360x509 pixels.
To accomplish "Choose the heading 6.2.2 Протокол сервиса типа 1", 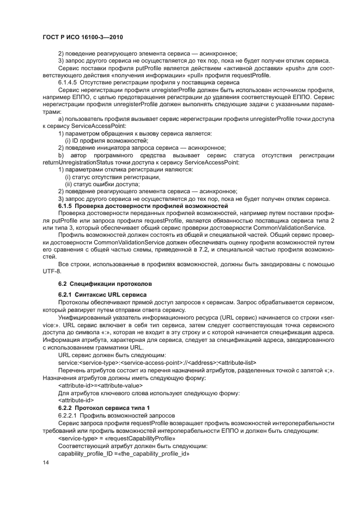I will point(103,407).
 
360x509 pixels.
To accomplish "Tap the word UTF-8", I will point(52,271).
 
